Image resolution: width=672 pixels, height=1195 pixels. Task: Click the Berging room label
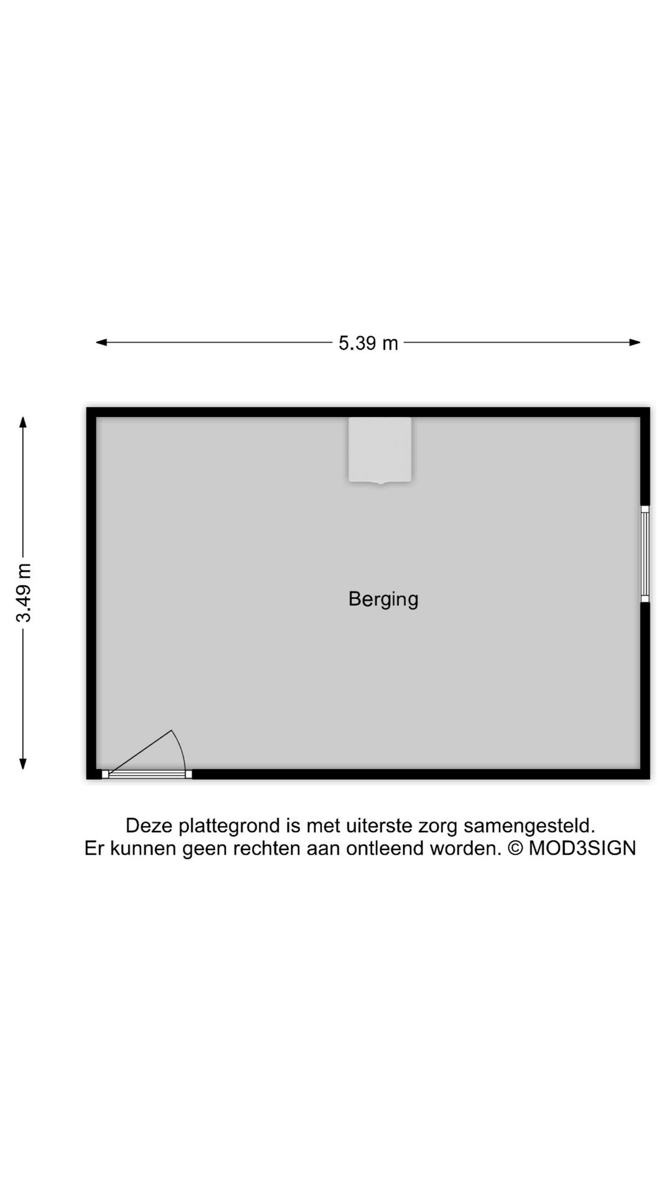point(383,599)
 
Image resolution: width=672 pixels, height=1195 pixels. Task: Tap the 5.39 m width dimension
point(368,343)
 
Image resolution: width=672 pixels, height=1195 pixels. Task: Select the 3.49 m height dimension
point(24,593)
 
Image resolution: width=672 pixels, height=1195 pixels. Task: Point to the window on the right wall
point(645,554)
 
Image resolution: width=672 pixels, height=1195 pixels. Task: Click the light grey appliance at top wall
point(380,449)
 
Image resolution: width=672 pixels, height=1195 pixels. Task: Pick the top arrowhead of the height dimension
point(23,423)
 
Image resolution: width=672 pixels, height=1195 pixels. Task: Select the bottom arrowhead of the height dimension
point(23,764)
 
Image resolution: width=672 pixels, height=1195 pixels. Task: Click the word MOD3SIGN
point(582,848)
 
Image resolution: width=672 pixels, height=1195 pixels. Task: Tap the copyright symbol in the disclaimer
point(516,848)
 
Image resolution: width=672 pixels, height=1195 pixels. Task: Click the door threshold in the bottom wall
point(147,774)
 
